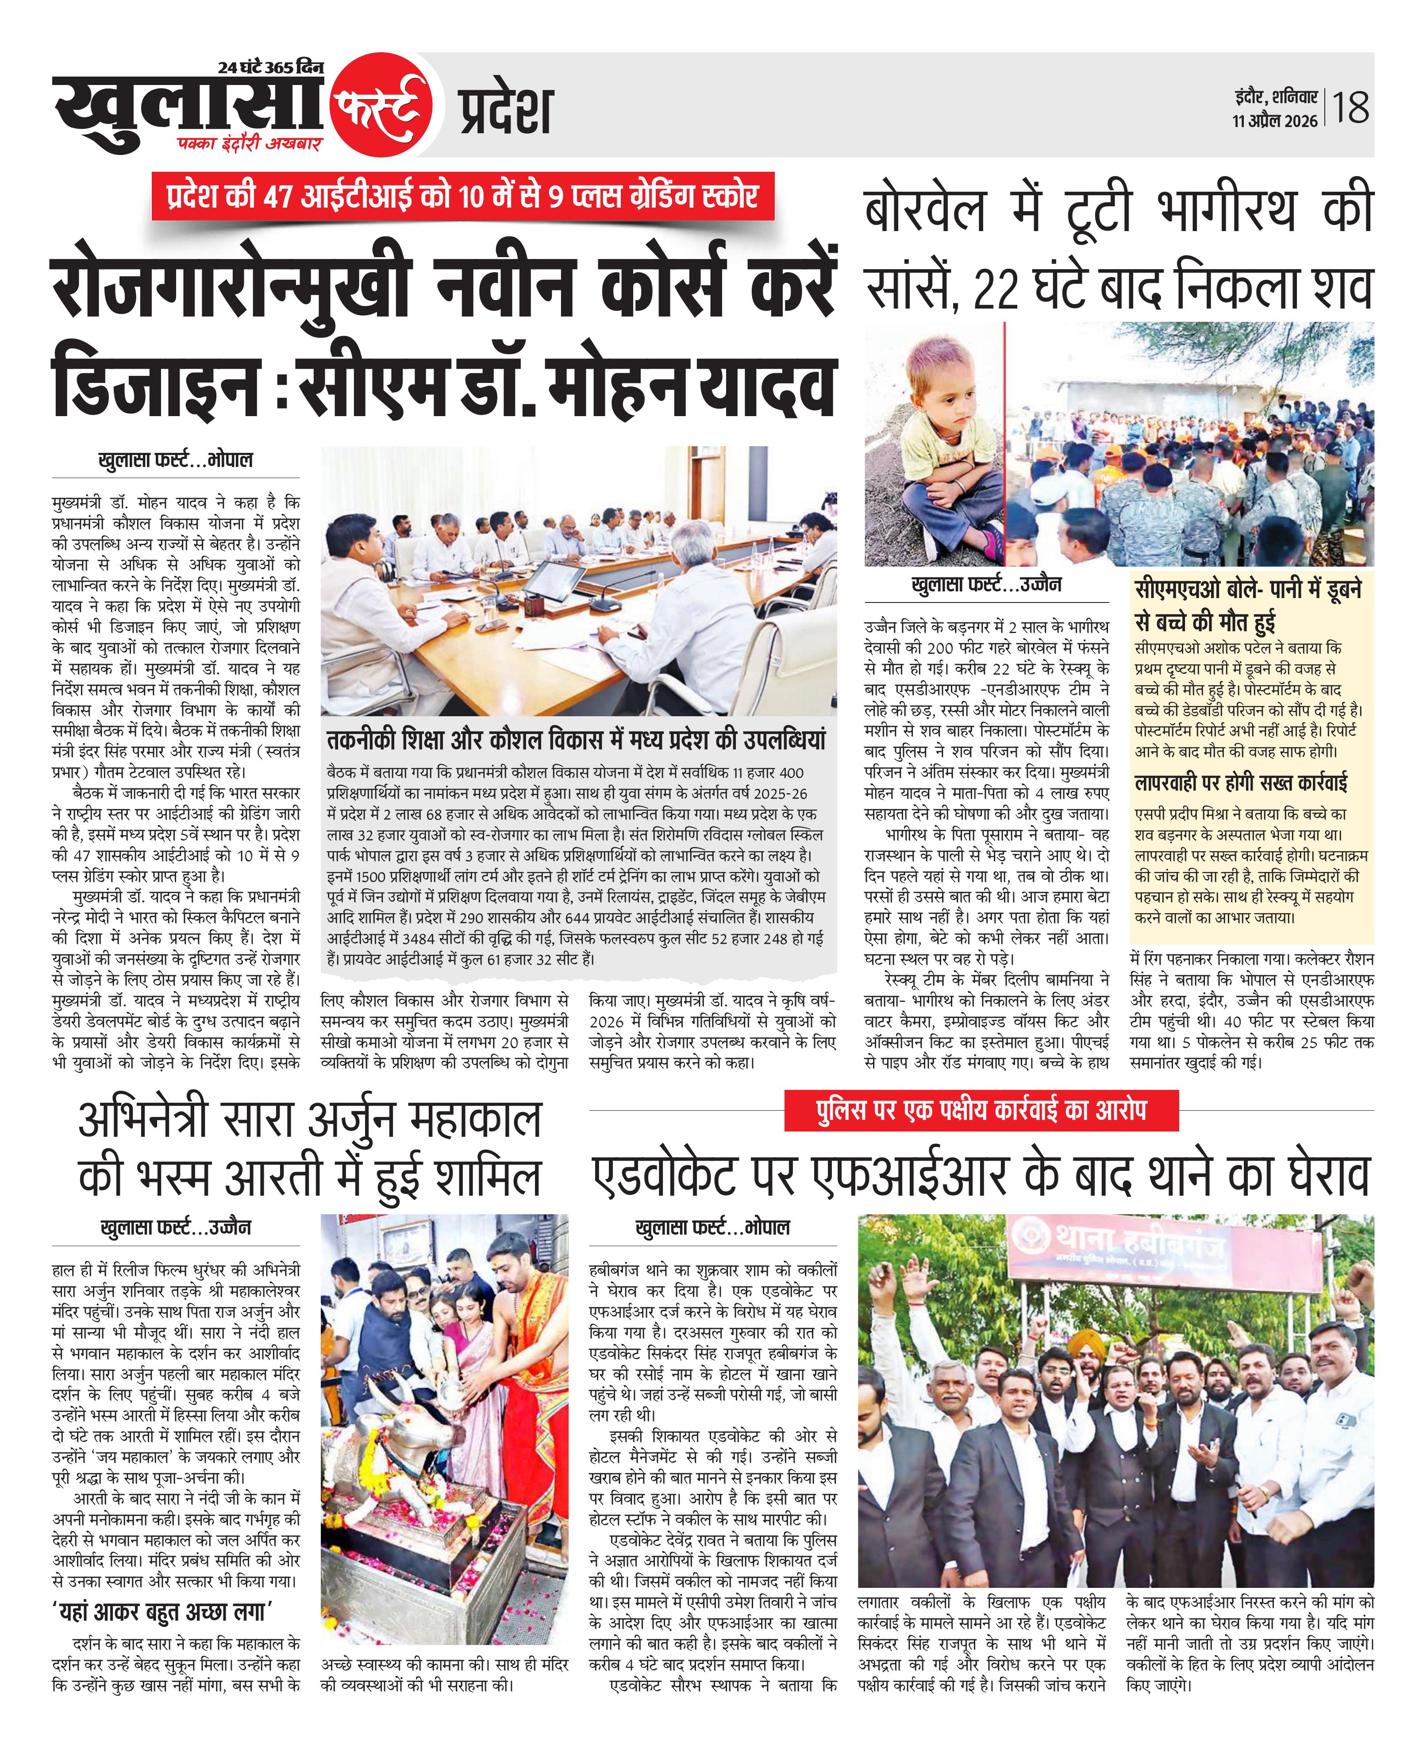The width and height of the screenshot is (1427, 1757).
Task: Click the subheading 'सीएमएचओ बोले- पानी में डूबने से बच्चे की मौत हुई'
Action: tap(1248, 604)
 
